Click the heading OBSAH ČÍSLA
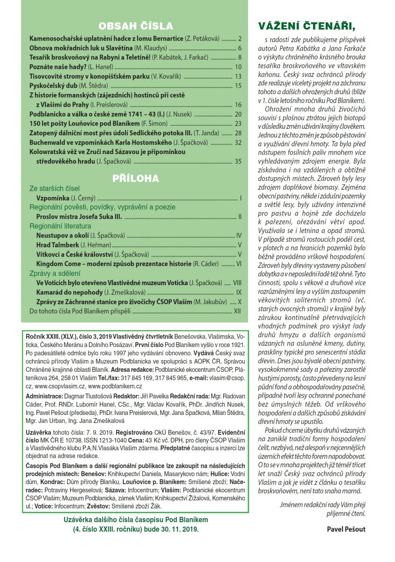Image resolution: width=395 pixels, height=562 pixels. coord(136,26)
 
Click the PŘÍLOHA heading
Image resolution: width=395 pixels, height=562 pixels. coord(136,178)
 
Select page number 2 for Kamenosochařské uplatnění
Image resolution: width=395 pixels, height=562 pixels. coord(239,38)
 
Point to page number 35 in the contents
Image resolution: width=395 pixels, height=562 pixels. coord(238,162)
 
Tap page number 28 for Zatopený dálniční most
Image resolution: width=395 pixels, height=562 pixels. coord(238,133)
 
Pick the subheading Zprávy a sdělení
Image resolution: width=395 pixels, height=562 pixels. coord(55,273)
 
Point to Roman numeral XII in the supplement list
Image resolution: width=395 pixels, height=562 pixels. coord(237,311)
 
